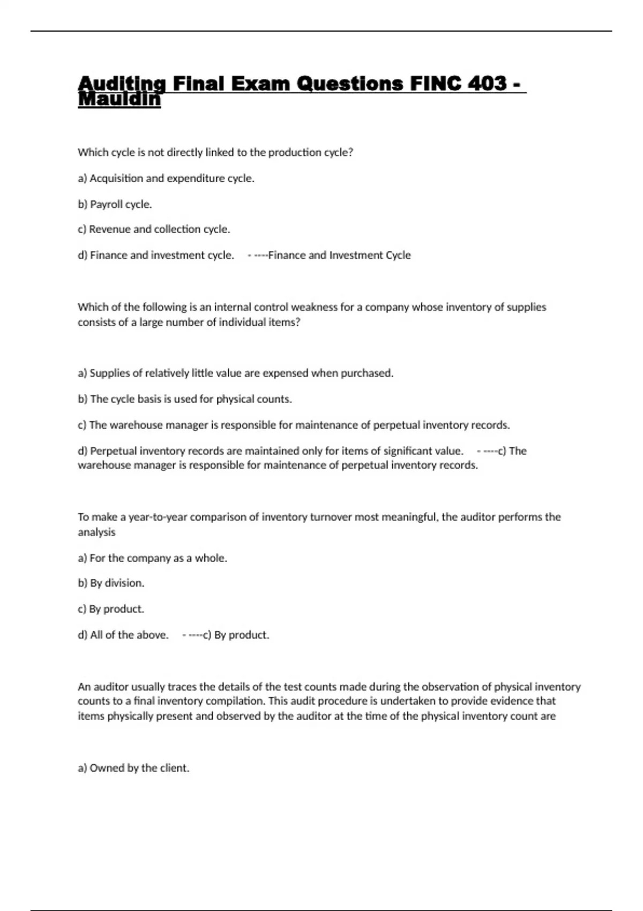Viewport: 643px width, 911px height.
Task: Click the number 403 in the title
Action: [487, 84]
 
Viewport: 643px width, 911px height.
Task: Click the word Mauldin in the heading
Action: [119, 100]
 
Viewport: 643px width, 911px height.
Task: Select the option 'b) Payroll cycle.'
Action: [115, 204]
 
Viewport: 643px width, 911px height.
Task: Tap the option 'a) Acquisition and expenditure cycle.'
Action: [166, 178]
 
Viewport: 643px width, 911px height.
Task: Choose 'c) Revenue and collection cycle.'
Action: [154, 229]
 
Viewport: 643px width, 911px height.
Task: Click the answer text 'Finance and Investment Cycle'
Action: [339, 255]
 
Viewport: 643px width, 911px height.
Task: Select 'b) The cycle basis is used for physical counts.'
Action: [185, 399]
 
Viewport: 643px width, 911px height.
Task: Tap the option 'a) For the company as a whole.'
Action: [152, 558]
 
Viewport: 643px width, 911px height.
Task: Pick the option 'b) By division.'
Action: [111, 583]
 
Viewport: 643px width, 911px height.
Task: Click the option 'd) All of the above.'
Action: [123, 635]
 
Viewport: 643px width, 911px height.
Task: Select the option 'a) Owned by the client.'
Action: [133, 768]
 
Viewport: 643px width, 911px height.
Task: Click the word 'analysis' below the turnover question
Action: [96, 532]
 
